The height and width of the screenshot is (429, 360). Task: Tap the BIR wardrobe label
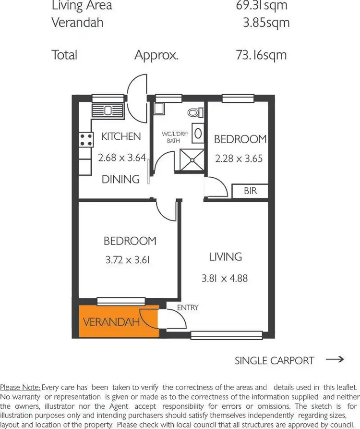point(250,191)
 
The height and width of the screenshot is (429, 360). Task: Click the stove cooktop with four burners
point(86,140)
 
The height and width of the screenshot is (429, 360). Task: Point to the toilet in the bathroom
point(194,112)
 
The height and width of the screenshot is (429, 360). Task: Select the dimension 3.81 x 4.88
point(225,278)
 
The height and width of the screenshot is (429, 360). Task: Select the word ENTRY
point(188,307)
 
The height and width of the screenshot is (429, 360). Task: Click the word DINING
point(120,179)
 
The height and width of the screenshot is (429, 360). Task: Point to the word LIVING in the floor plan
point(225,257)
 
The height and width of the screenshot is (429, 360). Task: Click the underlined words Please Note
point(20,387)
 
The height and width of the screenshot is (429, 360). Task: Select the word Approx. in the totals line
point(156,55)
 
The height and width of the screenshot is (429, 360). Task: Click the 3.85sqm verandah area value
point(266,22)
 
